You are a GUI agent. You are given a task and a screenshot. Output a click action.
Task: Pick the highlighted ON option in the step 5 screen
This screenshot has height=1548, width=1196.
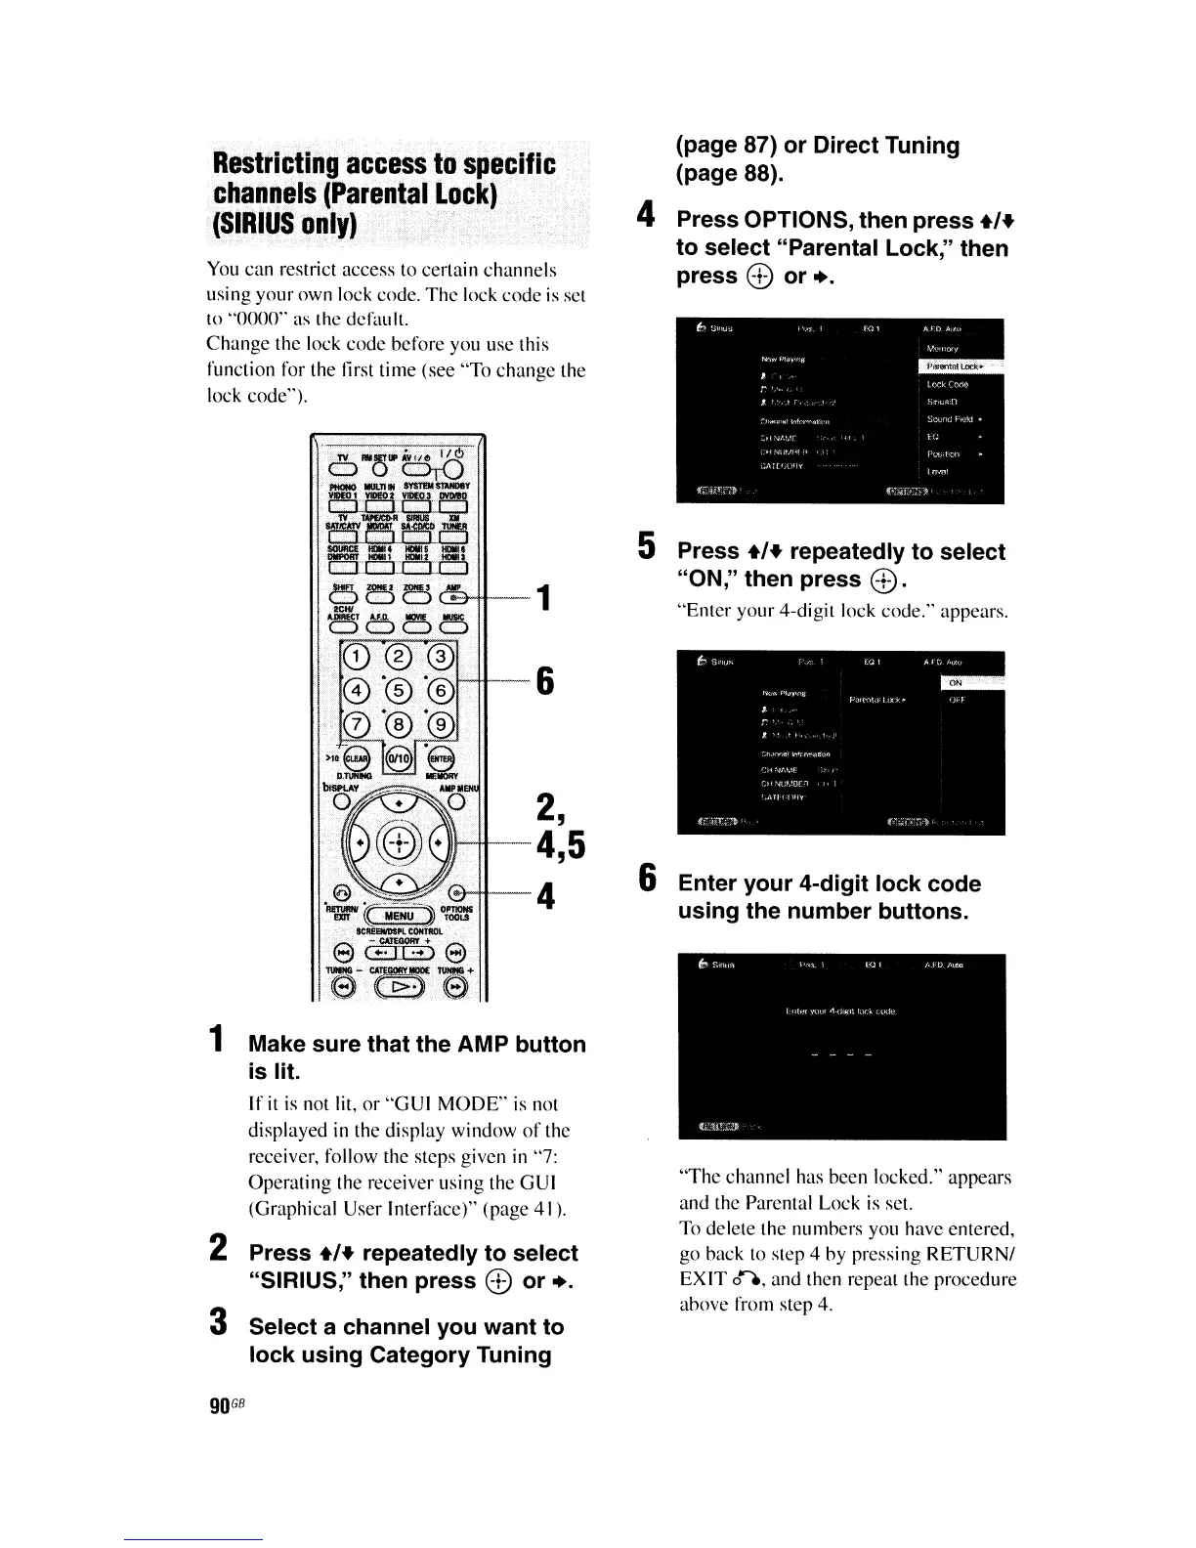(957, 683)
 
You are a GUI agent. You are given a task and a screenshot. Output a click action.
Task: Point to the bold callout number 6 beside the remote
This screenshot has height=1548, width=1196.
(544, 680)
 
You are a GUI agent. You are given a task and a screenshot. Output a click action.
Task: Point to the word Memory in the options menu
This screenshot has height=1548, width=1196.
(943, 348)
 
